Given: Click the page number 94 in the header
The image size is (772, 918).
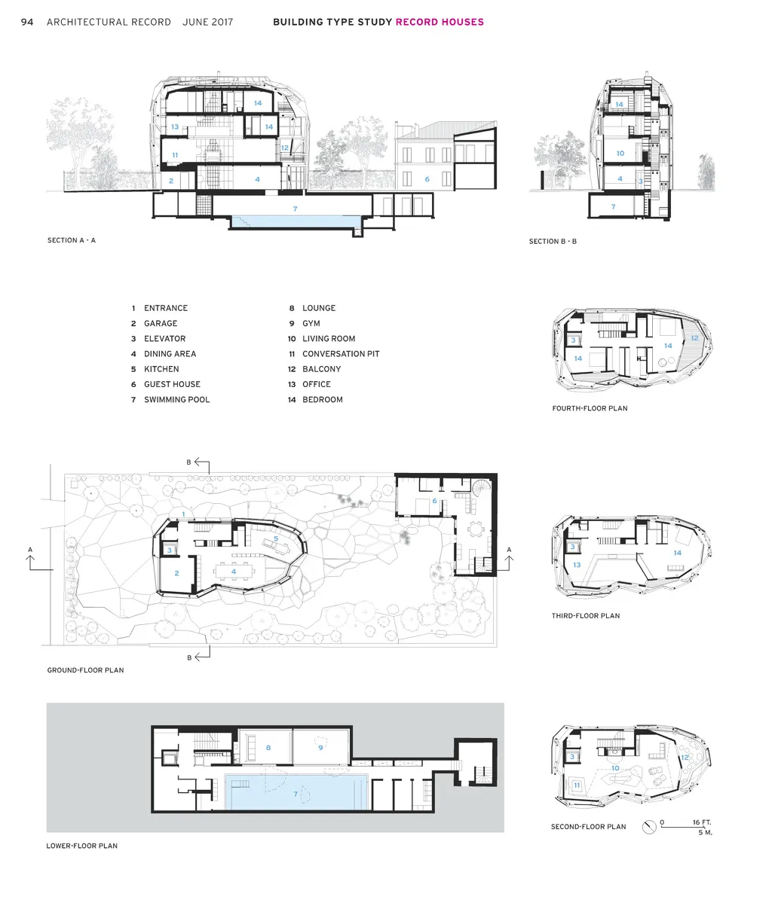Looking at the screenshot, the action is tap(27, 22).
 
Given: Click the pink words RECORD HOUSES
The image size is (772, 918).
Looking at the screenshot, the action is tap(440, 22).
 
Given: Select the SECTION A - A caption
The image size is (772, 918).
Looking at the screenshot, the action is tap(72, 240).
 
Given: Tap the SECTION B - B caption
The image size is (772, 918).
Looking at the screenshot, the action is tap(553, 242).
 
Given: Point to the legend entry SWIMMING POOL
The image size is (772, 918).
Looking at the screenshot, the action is tap(177, 400).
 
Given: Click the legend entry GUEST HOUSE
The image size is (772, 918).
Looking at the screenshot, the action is tap(172, 384).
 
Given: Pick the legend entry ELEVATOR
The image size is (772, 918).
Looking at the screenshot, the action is tap(164, 339).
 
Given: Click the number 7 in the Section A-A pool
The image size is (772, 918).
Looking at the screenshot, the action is tap(296, 209).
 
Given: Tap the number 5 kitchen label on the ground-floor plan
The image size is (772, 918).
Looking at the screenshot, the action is tap(276, 538).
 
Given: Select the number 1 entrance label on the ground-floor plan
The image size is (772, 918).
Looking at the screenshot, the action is tap(183, 514).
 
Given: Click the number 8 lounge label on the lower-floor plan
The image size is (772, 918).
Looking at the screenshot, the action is tap(268, 747).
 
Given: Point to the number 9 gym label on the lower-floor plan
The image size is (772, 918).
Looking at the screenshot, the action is tap(321, 747).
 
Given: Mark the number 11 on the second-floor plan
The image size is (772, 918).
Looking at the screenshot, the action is tap(577, 785).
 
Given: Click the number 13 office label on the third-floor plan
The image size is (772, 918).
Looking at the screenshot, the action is tap(577, 565).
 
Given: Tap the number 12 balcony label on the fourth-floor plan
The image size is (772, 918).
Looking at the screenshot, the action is tap(694, 338).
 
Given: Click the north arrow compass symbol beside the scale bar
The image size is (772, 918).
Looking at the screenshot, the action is tap(649, 827).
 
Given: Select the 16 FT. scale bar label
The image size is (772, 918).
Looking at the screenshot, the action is tap(702, 822).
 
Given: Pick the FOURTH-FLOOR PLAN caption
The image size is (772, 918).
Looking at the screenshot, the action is tap(590, 408).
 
